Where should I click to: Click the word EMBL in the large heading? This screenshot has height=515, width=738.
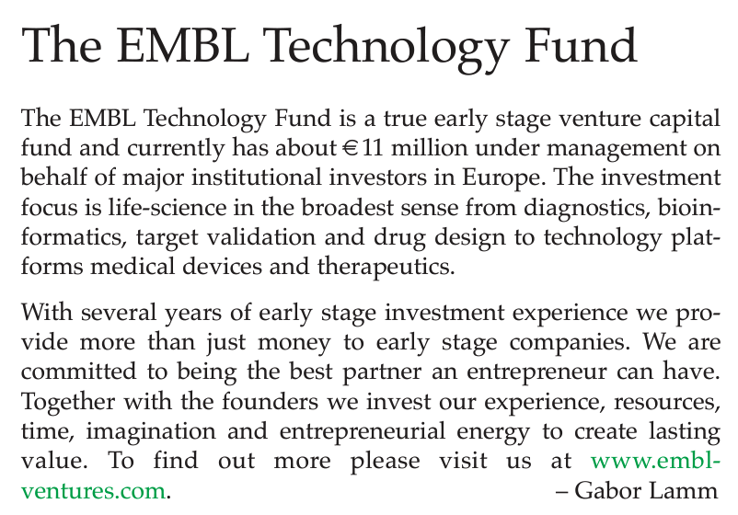coord(182,45)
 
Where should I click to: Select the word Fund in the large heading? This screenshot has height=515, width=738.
coord(581,45)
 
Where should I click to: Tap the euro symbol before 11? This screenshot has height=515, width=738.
coord(350,149)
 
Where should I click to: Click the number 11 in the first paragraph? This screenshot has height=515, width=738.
coord(373,148)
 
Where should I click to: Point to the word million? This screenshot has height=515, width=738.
coord(429,148)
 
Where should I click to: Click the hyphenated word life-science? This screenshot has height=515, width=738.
coord(167,208)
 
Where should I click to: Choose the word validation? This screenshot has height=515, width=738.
coord(261,236)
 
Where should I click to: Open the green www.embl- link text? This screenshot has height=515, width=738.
coord(655,461)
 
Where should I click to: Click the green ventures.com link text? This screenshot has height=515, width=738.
coord(93,491)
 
